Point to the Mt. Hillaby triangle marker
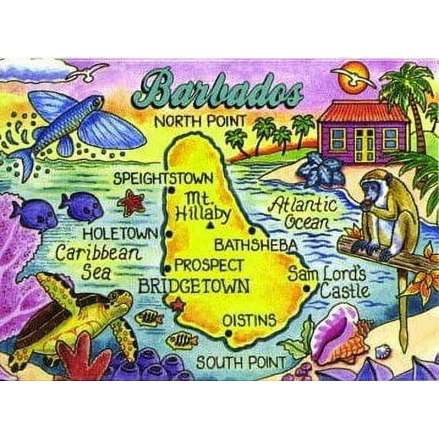(x=209, y=226)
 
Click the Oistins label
(x=249, y=322)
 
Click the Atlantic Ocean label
(x=303, y=213)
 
